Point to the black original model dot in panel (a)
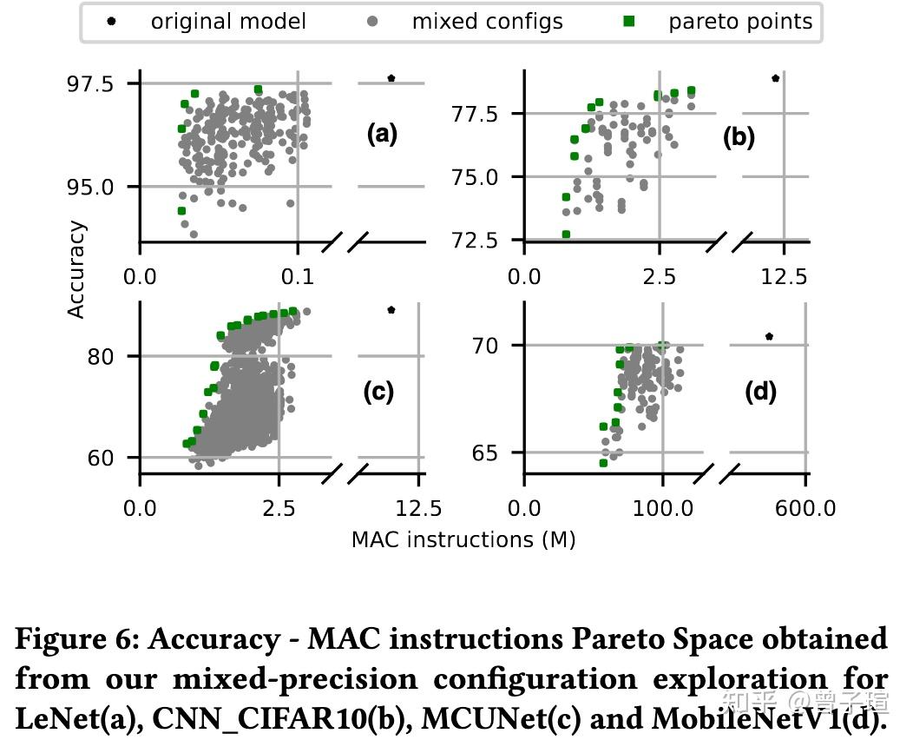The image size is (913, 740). click(391, 78)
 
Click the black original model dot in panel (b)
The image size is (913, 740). click(775, 78)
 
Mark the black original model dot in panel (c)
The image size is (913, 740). click(391, 309)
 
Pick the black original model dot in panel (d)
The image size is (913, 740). click(769, 336)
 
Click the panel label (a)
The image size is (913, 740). click(382, 134)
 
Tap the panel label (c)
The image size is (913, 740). click(378, 392)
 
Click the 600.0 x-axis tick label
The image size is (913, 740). click(806, 507)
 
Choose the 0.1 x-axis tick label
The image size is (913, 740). click(298, 276)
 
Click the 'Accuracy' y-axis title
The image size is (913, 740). click(77, 269)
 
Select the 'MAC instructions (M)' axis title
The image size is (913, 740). click(463, 539)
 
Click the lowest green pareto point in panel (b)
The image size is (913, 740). click(566, 235)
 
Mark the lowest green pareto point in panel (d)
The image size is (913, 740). click(603, 463)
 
